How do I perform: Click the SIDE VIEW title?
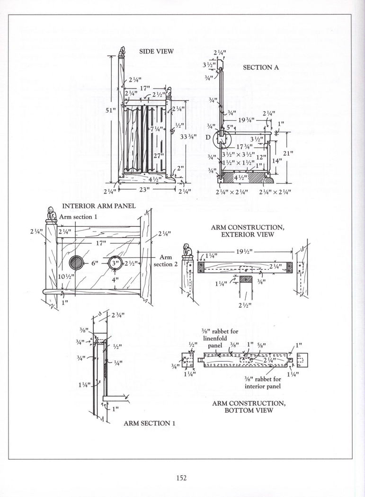pyautogui.click(x=157, y=51)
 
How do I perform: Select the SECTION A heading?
pyautogui.click(x=261, y=67)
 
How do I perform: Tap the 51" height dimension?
pyautogui.click(x=110, y=110)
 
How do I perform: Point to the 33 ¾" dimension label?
pyautogui.click(x=188, y=137)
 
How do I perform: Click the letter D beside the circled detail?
pyautogui.click(x=208, y=137)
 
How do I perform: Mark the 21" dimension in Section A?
pyautogui.click(x=288, y=154)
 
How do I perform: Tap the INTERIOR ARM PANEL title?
pyautogui.click(x=99, y=206)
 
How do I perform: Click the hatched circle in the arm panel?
pyautogui.click(x=77, y=263)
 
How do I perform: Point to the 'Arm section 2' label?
pyautogui.click(x=166, y=260)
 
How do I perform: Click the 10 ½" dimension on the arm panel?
pyautogui.click(x=66, y=276)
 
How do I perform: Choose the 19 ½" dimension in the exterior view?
pyautogui.click(x=244, y=251)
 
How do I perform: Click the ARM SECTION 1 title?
pyautogui.click(x=149, y=423)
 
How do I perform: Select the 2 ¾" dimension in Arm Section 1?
pyautogui.click(x=118, y=315)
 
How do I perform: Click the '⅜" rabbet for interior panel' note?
pyautogui.click(x=263, y=382)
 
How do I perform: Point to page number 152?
pyautogui.click(x=182, y=478)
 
